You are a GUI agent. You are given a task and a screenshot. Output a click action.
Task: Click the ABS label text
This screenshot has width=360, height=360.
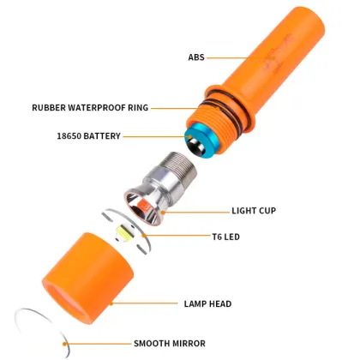(196, 57)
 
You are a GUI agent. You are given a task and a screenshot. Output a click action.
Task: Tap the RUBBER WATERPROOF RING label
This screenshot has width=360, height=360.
(90, 108)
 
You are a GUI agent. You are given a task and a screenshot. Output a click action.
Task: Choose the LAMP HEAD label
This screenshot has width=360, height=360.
(207, 303)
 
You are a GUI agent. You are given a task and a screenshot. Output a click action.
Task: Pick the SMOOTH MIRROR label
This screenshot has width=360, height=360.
(169, 343)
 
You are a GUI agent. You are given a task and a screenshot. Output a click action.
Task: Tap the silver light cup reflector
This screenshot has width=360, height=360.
(147, 205)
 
